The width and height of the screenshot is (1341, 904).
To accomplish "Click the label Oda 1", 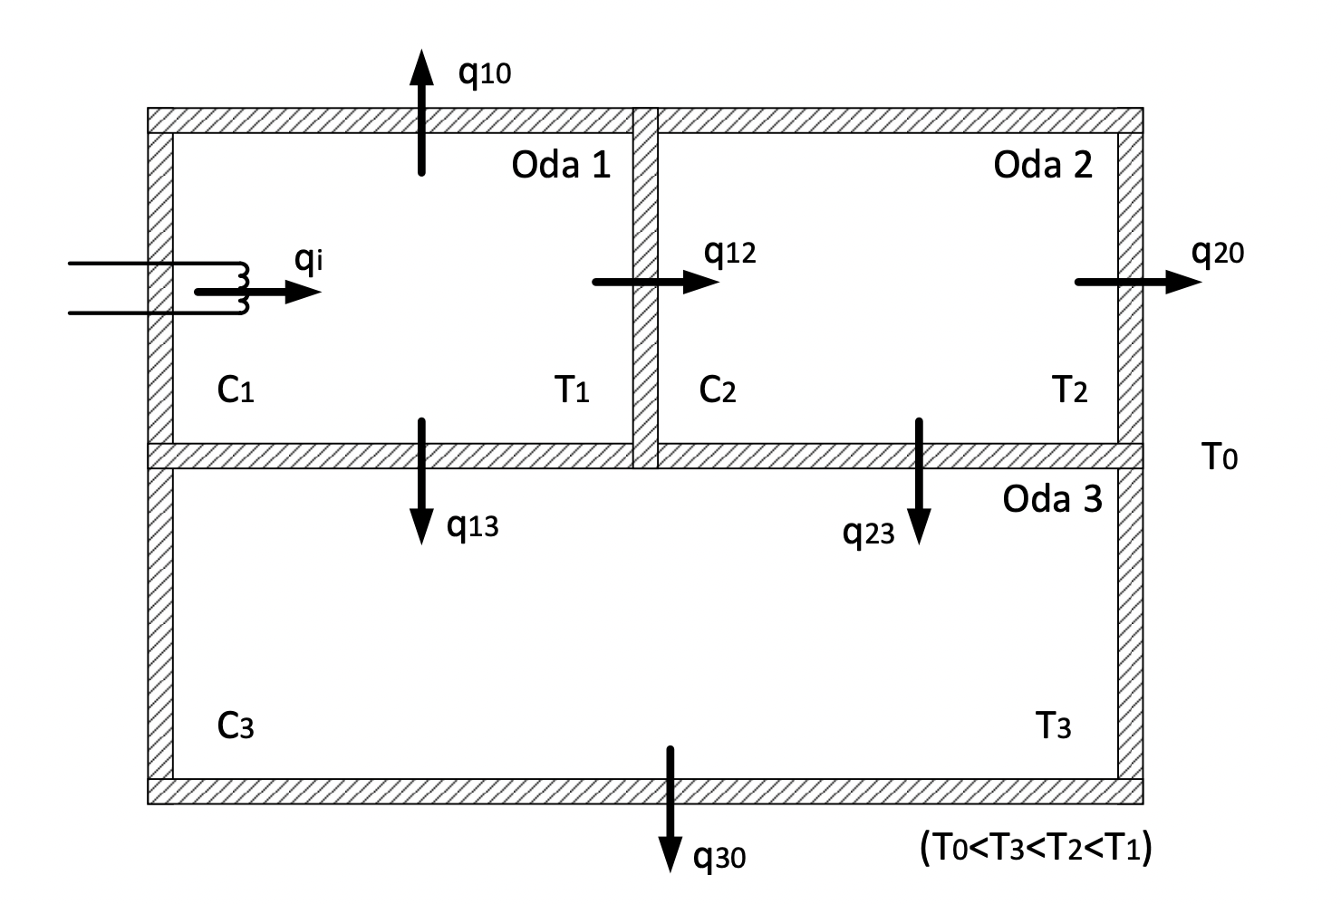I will point(561,165).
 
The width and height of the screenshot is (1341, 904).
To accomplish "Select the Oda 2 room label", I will point(1043,165).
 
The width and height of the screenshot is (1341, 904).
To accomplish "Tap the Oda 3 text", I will point(1052,499).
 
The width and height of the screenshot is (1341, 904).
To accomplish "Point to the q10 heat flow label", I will point(485,72).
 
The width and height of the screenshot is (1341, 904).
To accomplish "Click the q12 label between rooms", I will point(729,253).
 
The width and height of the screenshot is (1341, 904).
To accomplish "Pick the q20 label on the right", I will point(1218,253).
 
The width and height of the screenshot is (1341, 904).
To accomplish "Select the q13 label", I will point(472,524).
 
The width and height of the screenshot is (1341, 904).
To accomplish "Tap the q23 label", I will point(868,533).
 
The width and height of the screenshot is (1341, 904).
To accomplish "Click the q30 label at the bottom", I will point(719,855).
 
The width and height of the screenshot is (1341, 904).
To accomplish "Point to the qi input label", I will point(309,260).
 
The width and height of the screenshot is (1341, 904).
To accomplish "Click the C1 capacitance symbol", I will point(236,389).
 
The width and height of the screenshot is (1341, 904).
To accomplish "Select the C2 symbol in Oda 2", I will point(718,389).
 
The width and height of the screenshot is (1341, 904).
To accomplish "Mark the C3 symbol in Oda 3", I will point(236,726).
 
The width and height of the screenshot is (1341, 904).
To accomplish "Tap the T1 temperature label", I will point(572,389).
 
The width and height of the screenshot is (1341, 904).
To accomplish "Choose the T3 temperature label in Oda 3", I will point(1053,726).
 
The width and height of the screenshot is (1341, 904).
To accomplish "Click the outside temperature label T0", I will point(1220,457).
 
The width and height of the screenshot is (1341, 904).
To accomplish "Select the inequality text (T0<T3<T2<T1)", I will point(1036,849).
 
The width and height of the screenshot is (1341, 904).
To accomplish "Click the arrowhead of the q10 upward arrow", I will point(420,67).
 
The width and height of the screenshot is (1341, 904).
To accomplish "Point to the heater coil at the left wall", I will point(242,289).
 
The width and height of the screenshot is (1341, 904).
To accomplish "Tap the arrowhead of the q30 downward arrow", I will point(670,854).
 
